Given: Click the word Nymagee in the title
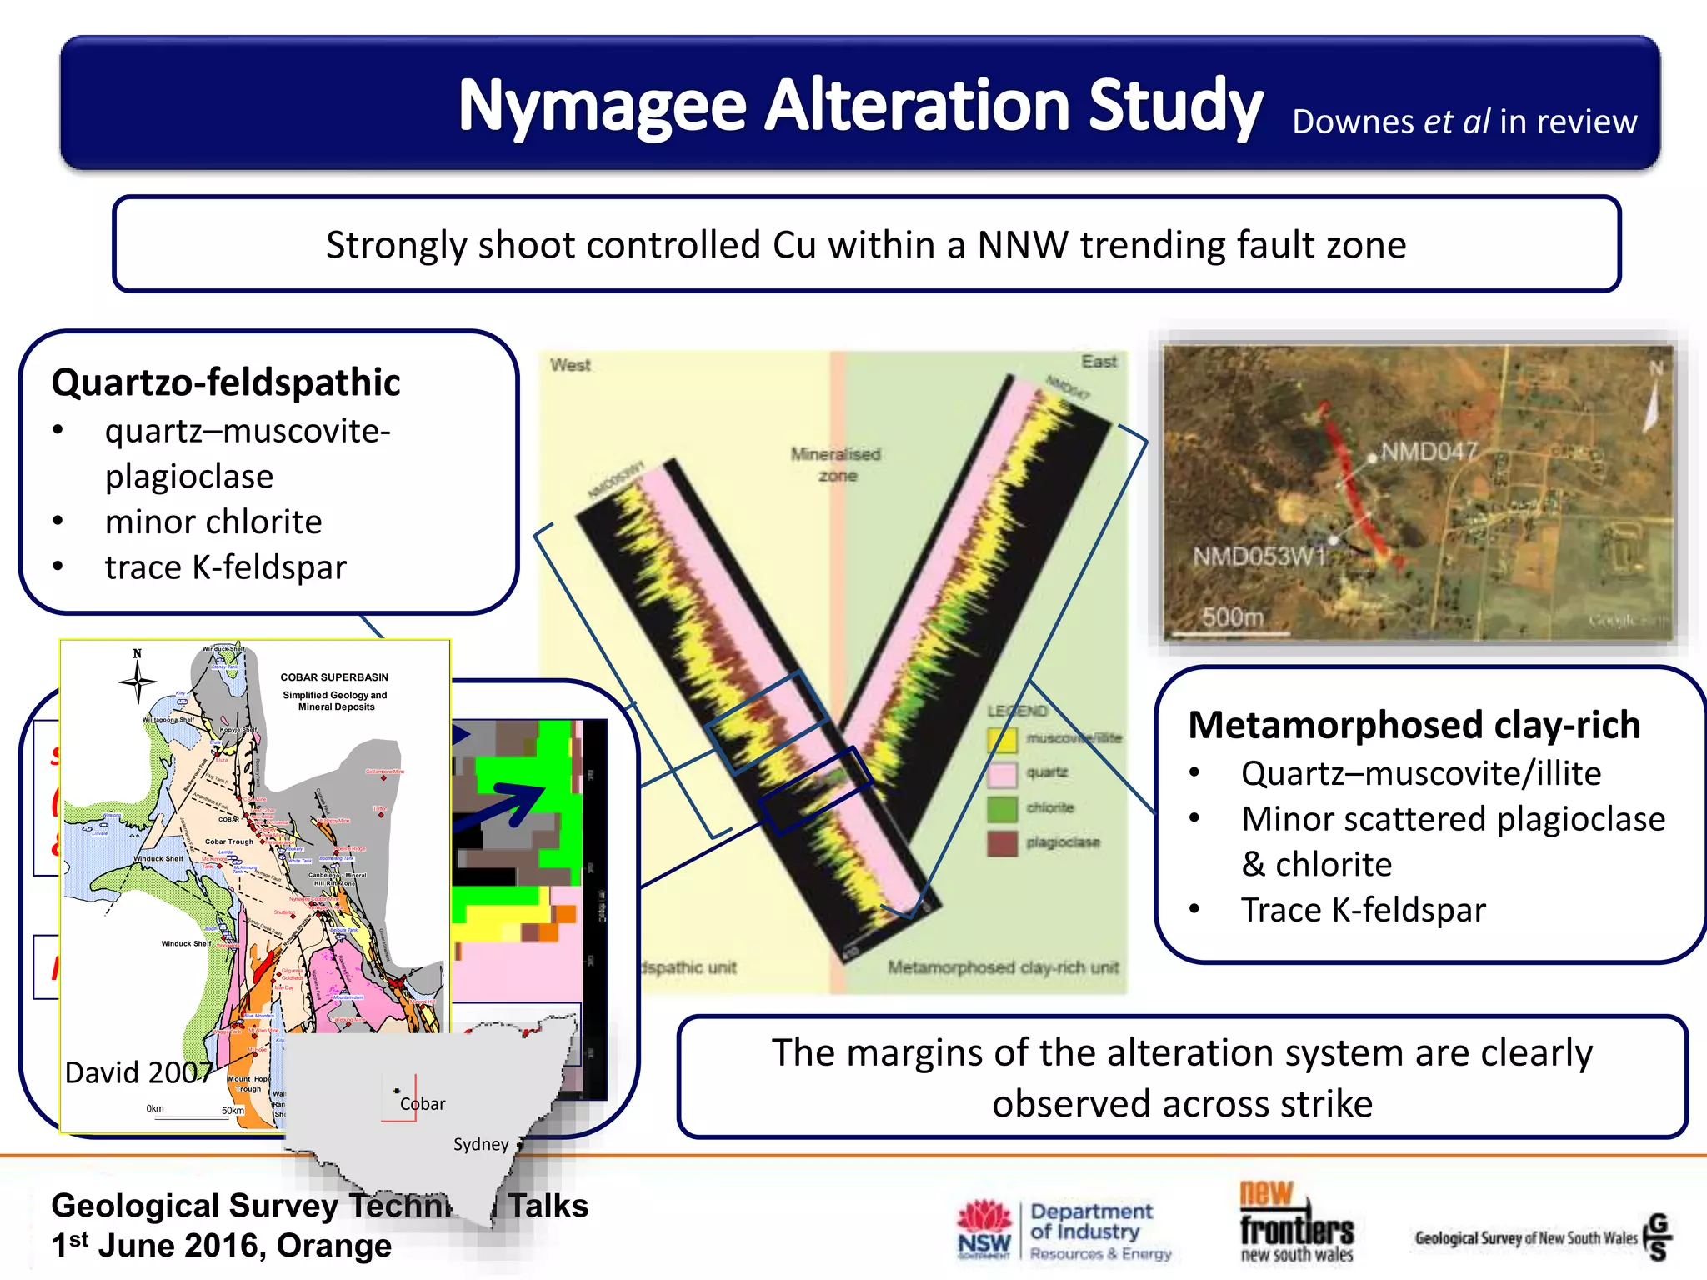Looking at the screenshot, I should (602, 106).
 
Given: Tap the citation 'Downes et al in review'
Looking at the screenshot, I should (1464, 122).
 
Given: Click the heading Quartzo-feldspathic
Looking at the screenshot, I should (226, 382).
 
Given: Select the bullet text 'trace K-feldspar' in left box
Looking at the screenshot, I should (225, 567).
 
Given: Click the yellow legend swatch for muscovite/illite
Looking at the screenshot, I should (1002, 739).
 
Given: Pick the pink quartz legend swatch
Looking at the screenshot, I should (1002, 774).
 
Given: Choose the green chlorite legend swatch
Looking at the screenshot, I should (1002, 808).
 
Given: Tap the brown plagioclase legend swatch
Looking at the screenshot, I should (1002, 843).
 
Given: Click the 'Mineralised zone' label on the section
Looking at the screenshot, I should (836, 464).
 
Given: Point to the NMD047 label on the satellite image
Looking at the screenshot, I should (1429, 452).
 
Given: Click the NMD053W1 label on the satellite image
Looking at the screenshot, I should (1259, 556).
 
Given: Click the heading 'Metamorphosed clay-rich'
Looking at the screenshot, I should (1414, 725).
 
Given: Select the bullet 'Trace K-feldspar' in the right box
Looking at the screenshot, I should (1363, 910).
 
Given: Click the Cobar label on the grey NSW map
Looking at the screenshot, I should (423, 1104).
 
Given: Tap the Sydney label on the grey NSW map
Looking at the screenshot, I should (480, 1145).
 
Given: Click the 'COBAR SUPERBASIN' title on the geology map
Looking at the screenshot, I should (334, 677).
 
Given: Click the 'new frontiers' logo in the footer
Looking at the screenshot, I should (1296, 1222).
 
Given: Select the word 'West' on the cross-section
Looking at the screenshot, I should (570, 365).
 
